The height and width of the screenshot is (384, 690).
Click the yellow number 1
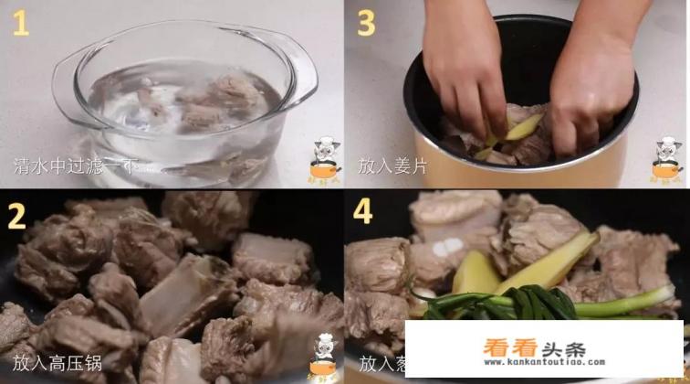pos(19,22)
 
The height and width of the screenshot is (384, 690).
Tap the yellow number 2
pos(16,216)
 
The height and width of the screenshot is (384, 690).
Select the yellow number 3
pos(365,22)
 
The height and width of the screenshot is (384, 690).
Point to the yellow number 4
pos(363,212)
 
